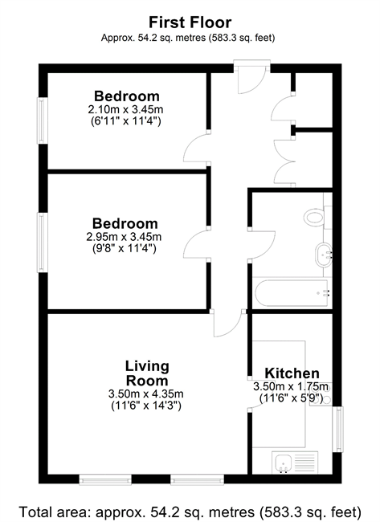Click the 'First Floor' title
[x=190, y=22]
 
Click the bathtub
[x=292, y=293]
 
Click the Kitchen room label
[x=292, y=373]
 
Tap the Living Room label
[x=147, y=373]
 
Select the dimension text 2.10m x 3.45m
[x=125, y=109]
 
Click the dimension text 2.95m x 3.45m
[x=124, y=237]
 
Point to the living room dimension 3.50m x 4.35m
[x=146, y=394]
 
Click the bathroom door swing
[x=263, y=245]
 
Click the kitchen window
[x=339, y=429]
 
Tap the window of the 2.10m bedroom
[x=42, y=120]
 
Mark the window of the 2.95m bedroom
[x=42, y=243]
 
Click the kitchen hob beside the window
[x=321, y=394]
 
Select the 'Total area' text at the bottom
[x=190, y=512]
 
